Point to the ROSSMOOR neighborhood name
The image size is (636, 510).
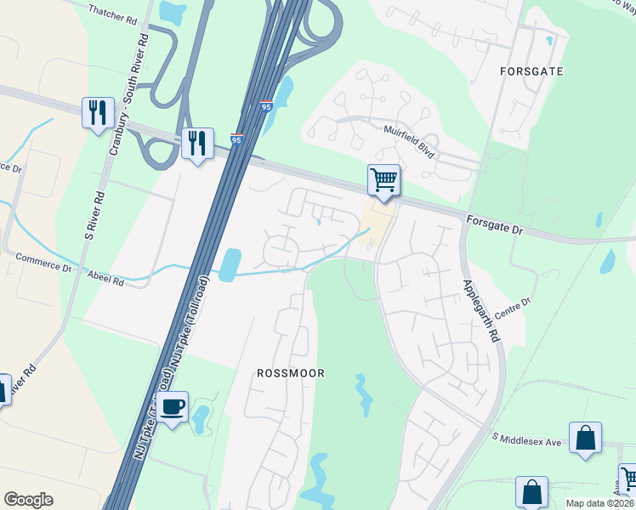(x=291, y=373)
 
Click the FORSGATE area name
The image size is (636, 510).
(x=532, y=71)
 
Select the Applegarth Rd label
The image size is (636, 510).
(x=480, y=309)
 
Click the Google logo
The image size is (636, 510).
(x=28, y=500)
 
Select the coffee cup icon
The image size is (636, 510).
(x=173, y=407)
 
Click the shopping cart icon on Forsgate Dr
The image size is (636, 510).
(x=383, y=180)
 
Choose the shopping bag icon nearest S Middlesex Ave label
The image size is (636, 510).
(x=585, y=438)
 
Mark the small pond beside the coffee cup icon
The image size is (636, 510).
(x=201, y=417)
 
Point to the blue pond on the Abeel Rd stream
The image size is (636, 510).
(x=229, y=264)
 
